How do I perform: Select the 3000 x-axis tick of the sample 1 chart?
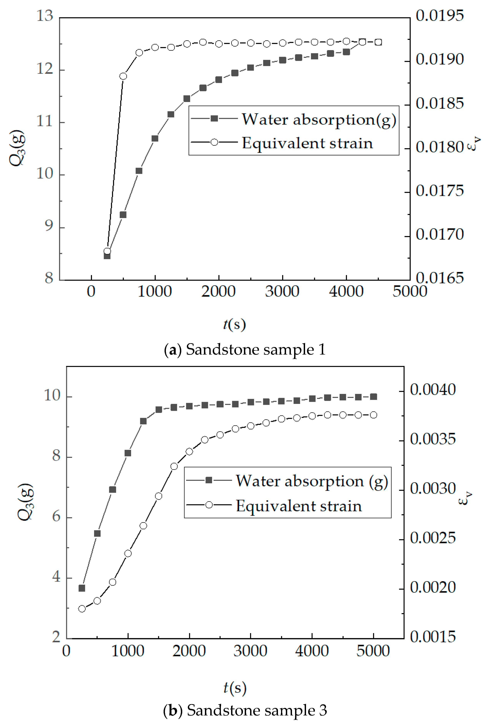[282, 291]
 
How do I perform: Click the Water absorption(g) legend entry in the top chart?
[319, 119]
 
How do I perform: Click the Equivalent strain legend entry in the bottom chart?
[299, 506]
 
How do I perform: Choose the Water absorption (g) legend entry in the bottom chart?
[312, 481]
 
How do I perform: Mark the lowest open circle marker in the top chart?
[107, 251]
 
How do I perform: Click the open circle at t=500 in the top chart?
[123, 76]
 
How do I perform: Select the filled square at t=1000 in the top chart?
[155, 138]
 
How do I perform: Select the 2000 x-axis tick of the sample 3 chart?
[189, 651]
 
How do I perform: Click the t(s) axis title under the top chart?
[235, 324]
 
